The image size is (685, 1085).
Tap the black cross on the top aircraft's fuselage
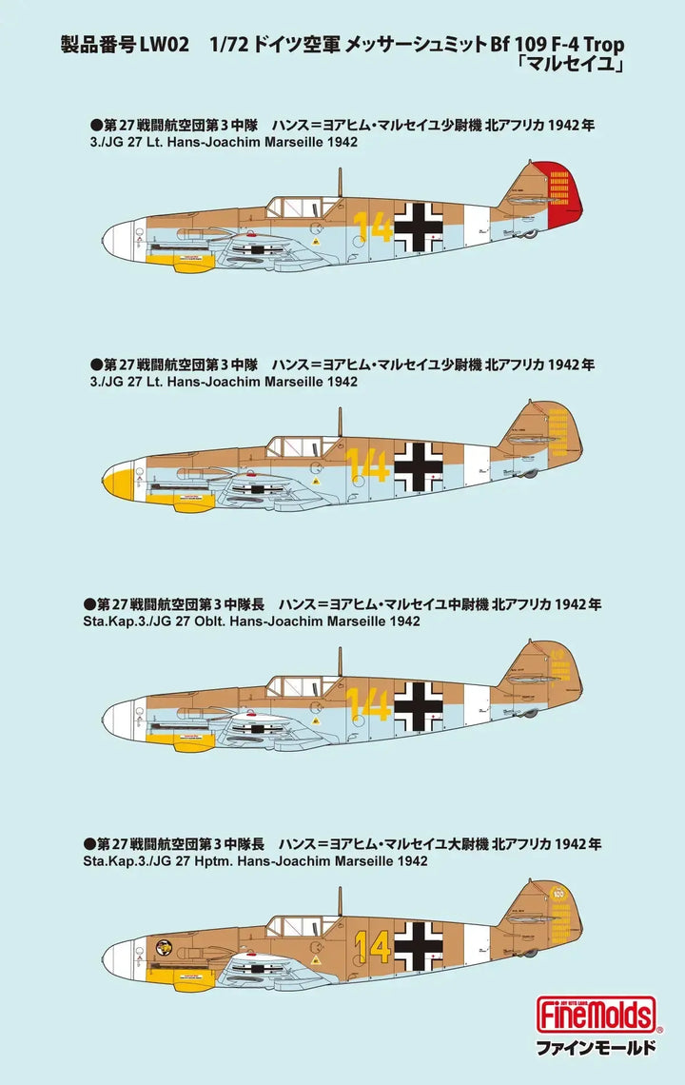[x=419, y=226]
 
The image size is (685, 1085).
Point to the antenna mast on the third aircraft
[x=340, y=661]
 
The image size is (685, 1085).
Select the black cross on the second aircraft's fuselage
[x=419, y=465]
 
